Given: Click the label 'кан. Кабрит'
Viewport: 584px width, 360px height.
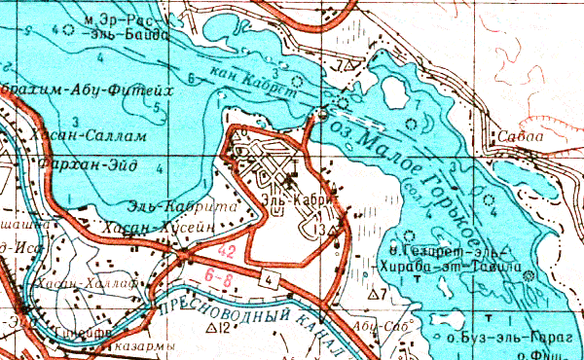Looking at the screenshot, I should [x=261, y=85].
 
